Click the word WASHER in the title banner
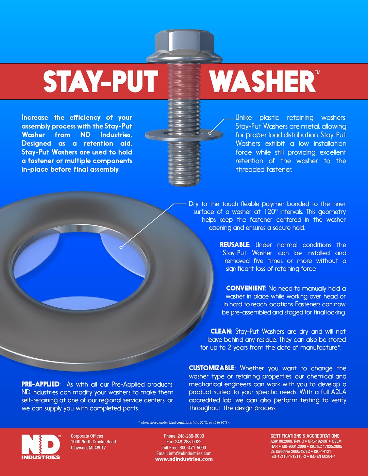point(263,81)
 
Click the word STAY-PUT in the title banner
point(101,81)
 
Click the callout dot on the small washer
point(210,133)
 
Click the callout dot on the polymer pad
point(121,247)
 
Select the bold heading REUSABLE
point(235,245)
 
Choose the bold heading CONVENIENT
point(246,288)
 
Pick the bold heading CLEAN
point(221,331)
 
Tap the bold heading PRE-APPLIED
point(41,384)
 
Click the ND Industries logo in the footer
point(41,447)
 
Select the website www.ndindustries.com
point(184,459)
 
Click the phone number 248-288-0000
point(190,436)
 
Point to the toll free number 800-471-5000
point(193,447)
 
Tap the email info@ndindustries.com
point(190,453)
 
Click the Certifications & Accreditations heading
point(305,436)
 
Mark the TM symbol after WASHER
point(317,72)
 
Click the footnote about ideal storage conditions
point(184,422)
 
